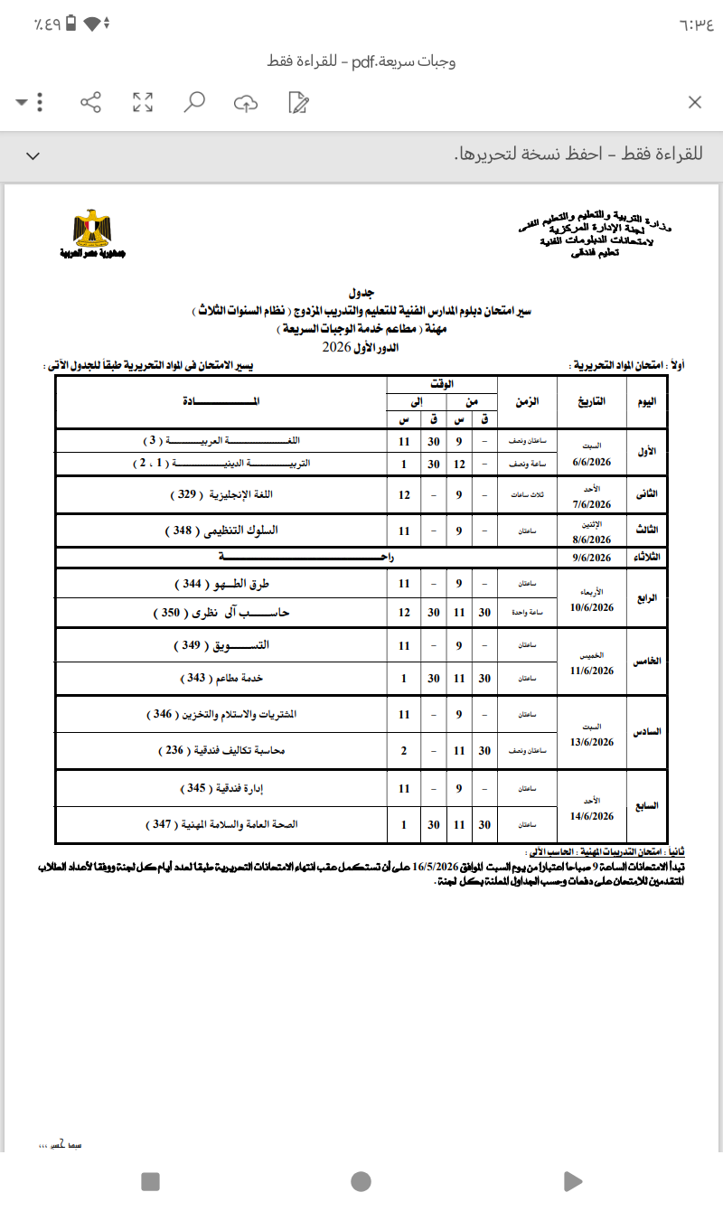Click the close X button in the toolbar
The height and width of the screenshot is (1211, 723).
695,102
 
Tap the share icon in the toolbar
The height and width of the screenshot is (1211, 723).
91,102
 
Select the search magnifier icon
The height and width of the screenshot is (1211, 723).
194,102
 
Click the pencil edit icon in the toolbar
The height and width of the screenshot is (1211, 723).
297,102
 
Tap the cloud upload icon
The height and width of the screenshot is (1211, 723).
246,103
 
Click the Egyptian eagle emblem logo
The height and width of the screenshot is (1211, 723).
93,230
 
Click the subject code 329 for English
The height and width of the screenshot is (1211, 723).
184,495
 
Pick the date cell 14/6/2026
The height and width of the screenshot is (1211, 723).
592,816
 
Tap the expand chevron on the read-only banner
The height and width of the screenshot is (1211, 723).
33,156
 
